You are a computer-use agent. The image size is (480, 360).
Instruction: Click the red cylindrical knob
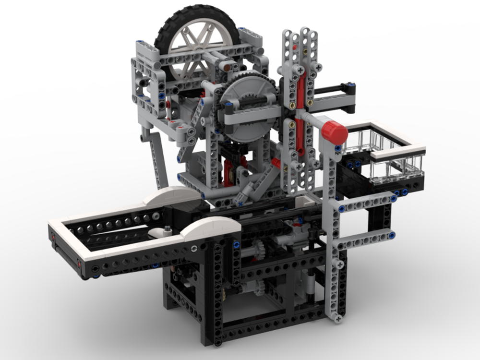point(335,132)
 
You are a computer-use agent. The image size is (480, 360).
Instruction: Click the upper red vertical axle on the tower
point(301,89)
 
